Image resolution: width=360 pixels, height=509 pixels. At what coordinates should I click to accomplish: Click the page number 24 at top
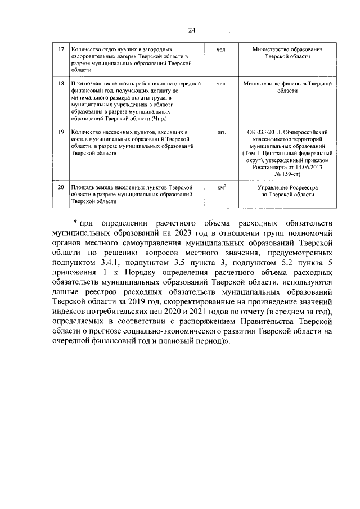click(192, 30)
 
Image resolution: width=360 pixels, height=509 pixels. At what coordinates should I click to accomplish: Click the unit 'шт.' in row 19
click(221, 132)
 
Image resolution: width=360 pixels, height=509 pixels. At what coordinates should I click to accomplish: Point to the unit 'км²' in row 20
click(222, 186)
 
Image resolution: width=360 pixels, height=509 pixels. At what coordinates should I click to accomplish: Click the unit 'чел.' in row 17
click(221, 50)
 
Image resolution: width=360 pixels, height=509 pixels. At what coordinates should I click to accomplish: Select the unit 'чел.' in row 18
click(221, 84)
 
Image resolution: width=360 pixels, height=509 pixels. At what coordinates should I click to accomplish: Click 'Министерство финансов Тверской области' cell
click(287, 87)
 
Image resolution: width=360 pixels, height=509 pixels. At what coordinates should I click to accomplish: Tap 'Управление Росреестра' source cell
click(287, 186)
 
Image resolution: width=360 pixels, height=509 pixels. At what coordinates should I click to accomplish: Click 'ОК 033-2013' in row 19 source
click(266, 132)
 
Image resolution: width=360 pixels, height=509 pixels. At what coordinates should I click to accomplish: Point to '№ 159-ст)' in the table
click(287, 174)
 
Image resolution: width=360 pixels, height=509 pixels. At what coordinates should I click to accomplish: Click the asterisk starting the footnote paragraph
click(75, 218)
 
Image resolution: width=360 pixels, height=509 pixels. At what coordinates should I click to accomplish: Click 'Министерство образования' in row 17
click(287, 50)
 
